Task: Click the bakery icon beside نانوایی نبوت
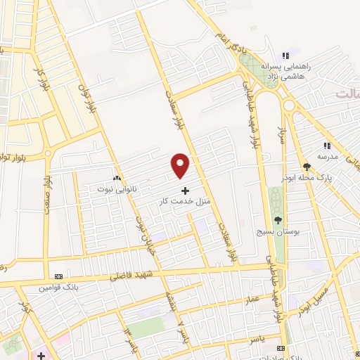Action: (116, 179)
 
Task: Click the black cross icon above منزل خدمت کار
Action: (185, 191)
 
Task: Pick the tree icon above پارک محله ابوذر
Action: (307, 167)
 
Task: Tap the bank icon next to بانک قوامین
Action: (58, 276)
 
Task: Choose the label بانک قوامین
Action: (57, 288)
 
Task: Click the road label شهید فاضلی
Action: (129, 277)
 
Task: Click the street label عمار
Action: (253, 299)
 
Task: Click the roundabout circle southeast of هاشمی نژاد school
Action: (289, 105)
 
